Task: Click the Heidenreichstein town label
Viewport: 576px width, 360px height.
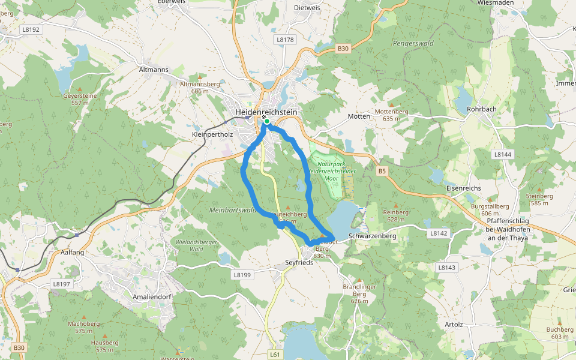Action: pos(266,112)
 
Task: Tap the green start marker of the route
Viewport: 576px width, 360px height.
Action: pos(266,121)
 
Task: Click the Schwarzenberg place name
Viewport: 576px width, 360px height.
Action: pos(373,236)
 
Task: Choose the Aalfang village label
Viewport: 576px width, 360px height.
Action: pos(73,253)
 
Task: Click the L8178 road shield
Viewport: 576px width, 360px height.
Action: pos(286,40)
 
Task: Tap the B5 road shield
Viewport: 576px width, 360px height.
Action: pos(383,172)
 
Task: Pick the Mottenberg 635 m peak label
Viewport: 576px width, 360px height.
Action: pos(391,115)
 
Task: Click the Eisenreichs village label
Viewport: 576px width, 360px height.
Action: pos(464,188)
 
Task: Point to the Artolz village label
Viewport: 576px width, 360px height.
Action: pos(453,325)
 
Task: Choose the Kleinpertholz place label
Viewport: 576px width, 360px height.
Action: pos(212,134)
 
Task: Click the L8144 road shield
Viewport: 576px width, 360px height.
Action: pos(503,154)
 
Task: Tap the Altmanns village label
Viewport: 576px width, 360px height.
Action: pos(154,70)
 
